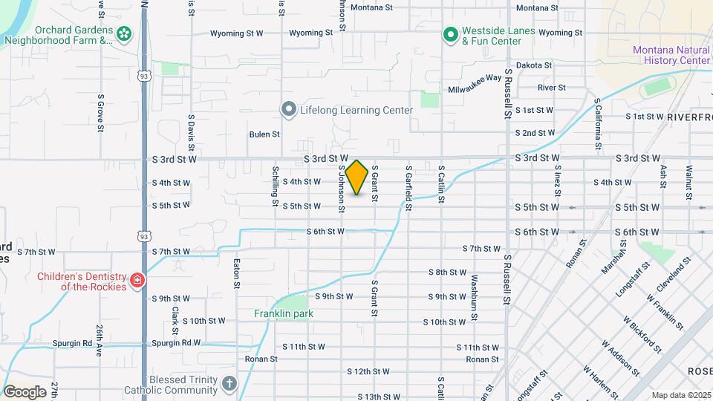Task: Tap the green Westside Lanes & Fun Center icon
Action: tap(450, 34)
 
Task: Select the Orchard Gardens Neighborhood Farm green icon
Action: tap(123, 33)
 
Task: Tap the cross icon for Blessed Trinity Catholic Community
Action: tap(229, 384)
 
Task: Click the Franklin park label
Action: tap(284, 313)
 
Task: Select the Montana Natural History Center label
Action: tap(671, 55)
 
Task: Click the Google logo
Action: tap(25, 391)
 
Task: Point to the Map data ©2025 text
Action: tap(680, 395)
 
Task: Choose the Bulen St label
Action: tap(264, 134)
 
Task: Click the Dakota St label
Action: tap(534, 65)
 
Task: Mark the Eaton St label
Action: tap(236, 273)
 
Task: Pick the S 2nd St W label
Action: tap(535, 133)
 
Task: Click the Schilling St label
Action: tap(276, 187)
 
